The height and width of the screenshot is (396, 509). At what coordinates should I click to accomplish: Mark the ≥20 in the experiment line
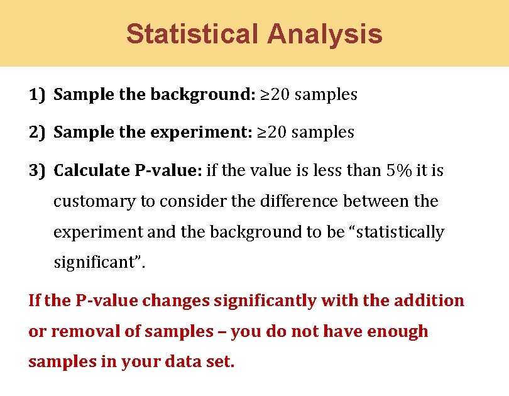(x=273, y=133)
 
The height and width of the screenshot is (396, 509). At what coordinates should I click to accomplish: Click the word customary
(x=89, y=202)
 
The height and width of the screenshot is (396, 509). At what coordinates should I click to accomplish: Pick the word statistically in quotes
(x=402, y=232)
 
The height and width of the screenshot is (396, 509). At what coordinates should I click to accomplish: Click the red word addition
(x=429, y=300)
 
